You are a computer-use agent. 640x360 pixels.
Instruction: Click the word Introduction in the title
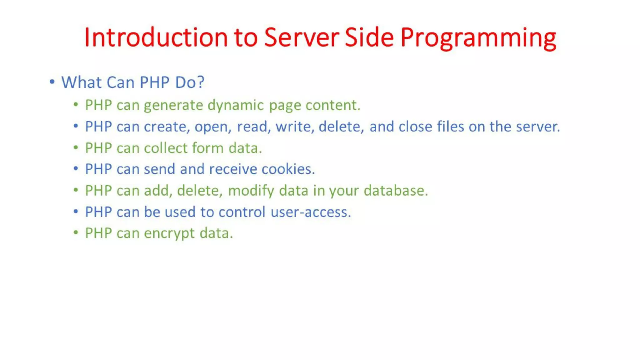(156, 37)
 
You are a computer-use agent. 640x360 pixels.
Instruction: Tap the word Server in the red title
(301, 37)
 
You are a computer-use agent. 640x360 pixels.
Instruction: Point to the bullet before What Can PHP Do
(52, 82)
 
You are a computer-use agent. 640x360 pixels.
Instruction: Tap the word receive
(233, 169)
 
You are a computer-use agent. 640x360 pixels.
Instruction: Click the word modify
(251, 191)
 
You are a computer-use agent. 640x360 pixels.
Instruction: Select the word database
(396, 191)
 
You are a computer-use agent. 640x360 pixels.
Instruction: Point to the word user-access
(311, 212)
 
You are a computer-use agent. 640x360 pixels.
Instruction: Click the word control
(242, 212)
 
